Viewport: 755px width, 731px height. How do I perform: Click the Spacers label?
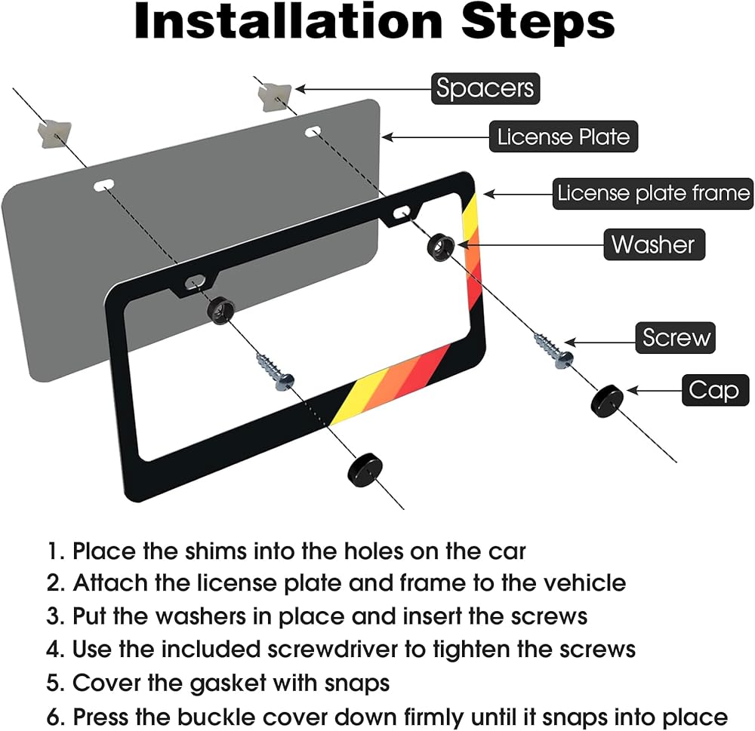point(485,88)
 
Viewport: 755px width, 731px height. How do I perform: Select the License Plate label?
point(563,137)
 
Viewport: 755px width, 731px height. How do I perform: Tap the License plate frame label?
point(653,193)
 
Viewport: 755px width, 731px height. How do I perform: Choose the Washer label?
point(654,244)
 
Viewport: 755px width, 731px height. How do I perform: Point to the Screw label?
point(675,338)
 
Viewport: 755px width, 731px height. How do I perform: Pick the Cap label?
point(715,390)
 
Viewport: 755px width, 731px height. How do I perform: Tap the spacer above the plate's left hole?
point(54,134)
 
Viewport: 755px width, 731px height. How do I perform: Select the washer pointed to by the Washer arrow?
point(441,247)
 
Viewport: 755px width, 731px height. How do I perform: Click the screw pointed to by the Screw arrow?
point(554,351)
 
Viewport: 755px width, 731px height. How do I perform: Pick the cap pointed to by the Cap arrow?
point(607,401)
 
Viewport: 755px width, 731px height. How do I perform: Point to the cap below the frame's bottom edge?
point(365,469)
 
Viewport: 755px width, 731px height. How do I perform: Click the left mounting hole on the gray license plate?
point(104,185)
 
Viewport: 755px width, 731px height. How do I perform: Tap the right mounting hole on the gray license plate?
point(313,131)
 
